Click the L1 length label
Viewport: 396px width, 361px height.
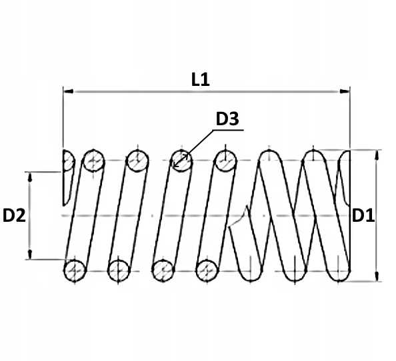point(201,79)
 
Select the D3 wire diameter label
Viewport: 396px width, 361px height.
point(227,119)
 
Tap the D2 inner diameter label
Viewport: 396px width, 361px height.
point(14,216)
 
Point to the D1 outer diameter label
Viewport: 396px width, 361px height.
point(363,216)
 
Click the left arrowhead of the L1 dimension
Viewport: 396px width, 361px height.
point(68,91)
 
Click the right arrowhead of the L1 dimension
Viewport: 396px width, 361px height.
point(345,91)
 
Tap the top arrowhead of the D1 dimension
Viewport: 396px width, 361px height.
point(377,155)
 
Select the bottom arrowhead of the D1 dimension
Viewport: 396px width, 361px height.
point(377,276)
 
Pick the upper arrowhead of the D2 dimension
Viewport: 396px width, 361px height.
point(30,177)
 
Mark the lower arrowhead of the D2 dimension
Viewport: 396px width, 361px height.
point(30,254)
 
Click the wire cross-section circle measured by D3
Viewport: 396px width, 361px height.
point(181,161)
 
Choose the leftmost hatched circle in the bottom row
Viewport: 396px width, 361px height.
point(75,271)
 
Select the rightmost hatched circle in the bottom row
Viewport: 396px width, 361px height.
point(207,271)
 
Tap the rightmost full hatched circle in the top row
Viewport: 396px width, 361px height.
point(225,161)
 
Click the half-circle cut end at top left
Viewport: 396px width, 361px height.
point(68,161)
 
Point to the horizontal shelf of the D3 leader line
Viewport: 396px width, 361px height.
point(228,130)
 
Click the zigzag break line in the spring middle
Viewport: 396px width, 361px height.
point(239,217)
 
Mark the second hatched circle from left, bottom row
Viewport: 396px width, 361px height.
point(119,271)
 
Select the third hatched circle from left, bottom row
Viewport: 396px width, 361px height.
point(163,271)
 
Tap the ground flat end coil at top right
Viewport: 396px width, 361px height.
point(345,177)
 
